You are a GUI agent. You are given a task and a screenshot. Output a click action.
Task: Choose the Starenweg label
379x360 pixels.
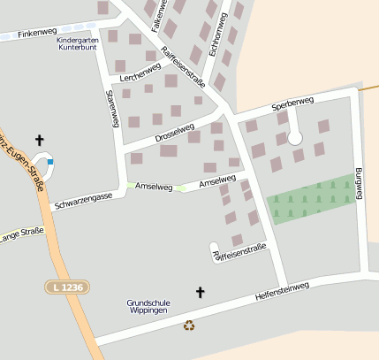point(111,108)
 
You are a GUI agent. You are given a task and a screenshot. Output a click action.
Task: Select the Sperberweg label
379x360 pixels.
point(292,103)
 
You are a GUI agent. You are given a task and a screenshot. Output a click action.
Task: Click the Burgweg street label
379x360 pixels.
point(358,181)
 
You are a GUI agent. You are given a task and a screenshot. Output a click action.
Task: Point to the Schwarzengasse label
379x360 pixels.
point(82,201)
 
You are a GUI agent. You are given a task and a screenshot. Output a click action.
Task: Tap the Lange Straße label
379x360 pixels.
point(21,234)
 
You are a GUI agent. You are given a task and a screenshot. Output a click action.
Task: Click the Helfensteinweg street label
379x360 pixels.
point(281,293)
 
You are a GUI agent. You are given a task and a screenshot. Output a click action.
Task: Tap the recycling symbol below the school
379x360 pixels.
point(189,325)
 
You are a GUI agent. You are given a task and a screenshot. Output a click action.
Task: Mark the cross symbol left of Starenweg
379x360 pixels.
point(39,140)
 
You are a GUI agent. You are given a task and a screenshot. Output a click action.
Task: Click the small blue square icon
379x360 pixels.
point(50,162)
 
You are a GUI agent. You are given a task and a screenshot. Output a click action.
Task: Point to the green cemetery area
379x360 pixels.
point(311,199)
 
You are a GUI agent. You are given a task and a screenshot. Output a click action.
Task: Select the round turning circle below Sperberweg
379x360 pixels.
point(295,137)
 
